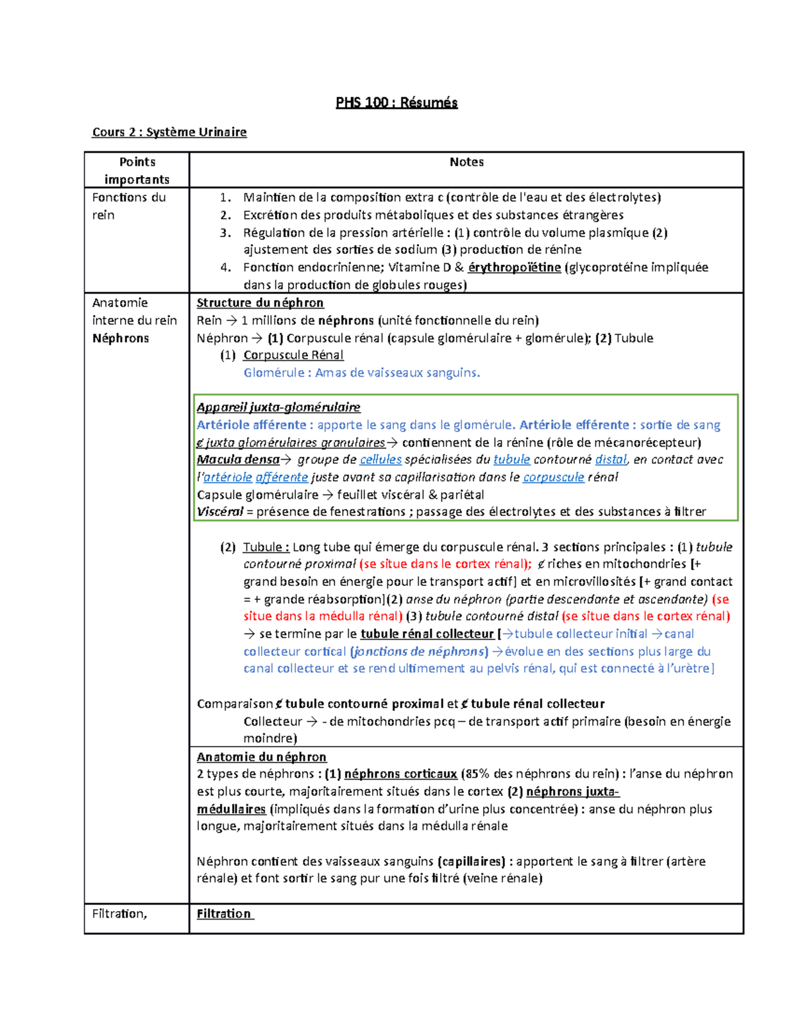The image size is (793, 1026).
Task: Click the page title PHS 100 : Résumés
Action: pos(397,102)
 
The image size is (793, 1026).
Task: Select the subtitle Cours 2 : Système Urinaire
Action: pos(169,132)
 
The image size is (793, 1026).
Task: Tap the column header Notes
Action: pos(467,162)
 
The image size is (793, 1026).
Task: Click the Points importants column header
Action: pos(137,170)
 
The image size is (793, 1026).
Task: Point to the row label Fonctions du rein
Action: pos(129,205)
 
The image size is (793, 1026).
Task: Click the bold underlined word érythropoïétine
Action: pos(514,268)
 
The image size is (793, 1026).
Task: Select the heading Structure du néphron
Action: pos(260,303)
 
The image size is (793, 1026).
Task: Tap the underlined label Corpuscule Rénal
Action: pos(293,355)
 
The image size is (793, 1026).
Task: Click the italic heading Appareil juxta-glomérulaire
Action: pos(278,407)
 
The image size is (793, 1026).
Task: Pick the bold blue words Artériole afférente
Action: pos(252,425)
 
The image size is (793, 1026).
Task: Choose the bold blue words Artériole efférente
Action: pos(574,425)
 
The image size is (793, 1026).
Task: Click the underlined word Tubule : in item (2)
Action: pos(266,547)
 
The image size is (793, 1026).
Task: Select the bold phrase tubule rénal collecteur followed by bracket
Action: pos(427,634)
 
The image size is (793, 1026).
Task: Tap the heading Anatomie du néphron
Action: pos(262,757)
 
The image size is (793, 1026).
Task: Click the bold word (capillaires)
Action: pos(471,861)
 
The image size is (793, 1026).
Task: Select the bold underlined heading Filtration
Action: pos(224,914)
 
